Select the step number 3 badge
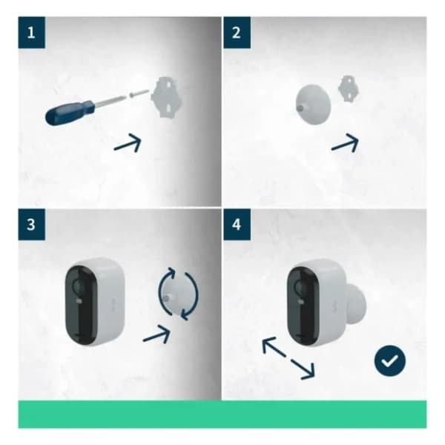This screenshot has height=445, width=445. click(x=30, y=224)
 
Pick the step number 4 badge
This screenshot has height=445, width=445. click(x=236, y=224)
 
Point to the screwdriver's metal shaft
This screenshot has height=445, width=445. click(x=111, y=99)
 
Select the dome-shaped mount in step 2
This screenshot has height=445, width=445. click(x=312, y=102)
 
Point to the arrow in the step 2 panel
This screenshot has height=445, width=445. click(x=345, y=143)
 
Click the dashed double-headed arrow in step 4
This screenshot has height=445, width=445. click(x=289, y=357)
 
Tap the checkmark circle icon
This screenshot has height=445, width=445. click(x=389, y=362)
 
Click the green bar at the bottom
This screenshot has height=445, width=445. click(x=222, y=414)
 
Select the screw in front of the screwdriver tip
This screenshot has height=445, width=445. click(x=133, y=93)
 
